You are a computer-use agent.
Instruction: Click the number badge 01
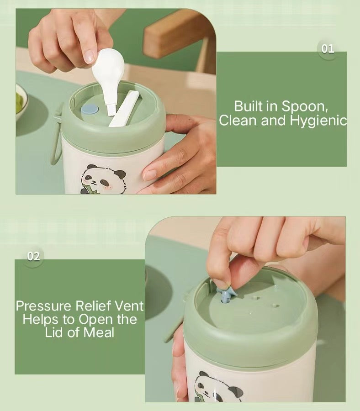pos(328,49)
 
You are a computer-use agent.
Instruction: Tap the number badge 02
pos(33,256)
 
